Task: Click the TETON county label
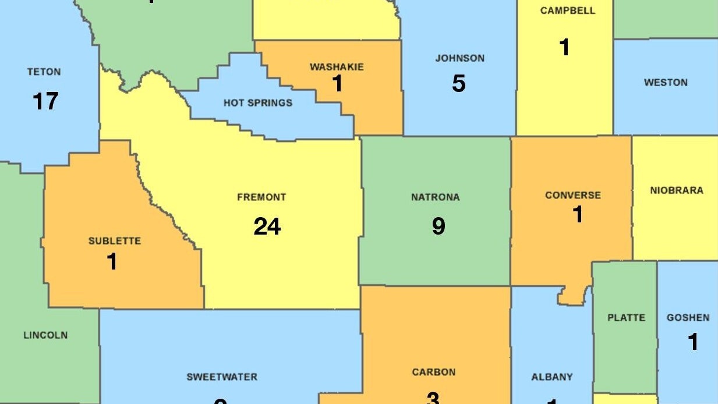(x=44, y=72)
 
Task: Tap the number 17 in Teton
(x=45, y=101)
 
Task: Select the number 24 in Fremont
(x=267, y=226)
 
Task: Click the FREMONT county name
(x=261, y=197)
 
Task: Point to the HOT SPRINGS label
(x=258, y=103)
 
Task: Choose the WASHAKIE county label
(x=337, y=67)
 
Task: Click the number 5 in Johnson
(x=459, y=84)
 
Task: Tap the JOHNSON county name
(x=459, y=58)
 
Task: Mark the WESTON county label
(x=666, y=83)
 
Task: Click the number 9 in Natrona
(x=438, y=226)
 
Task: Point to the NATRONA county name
(x=436, y=197)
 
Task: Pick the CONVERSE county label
(x=572, y=196)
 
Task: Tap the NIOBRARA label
(x=677, y=190)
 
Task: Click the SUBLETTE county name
(x=115, y=241)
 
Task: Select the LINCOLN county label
(x=45, y=335)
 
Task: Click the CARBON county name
(x=434, y=372)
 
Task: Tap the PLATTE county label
(x=626, y=318)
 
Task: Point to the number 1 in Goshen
(x=692, y=342)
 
